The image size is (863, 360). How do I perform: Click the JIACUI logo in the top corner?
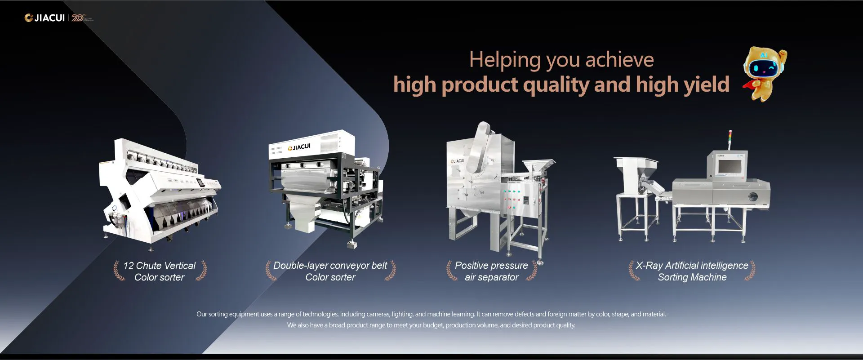tap(44, 18)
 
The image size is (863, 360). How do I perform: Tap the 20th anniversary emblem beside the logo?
tap(81, 18)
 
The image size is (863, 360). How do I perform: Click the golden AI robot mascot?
tap(764, 74)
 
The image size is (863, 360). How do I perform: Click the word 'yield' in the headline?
tap(707, 84)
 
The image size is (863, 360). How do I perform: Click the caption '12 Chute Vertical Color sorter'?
tap(160, 271)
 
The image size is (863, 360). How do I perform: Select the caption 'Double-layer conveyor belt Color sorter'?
tap(330, 271)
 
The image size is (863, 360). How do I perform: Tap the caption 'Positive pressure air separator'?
tap(492, 271)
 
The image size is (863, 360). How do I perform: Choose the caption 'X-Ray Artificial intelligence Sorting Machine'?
tap(692, 271)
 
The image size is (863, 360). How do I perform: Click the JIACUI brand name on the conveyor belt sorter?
tap(299, 147)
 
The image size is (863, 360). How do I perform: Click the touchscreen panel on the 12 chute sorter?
tap(200, 183)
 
